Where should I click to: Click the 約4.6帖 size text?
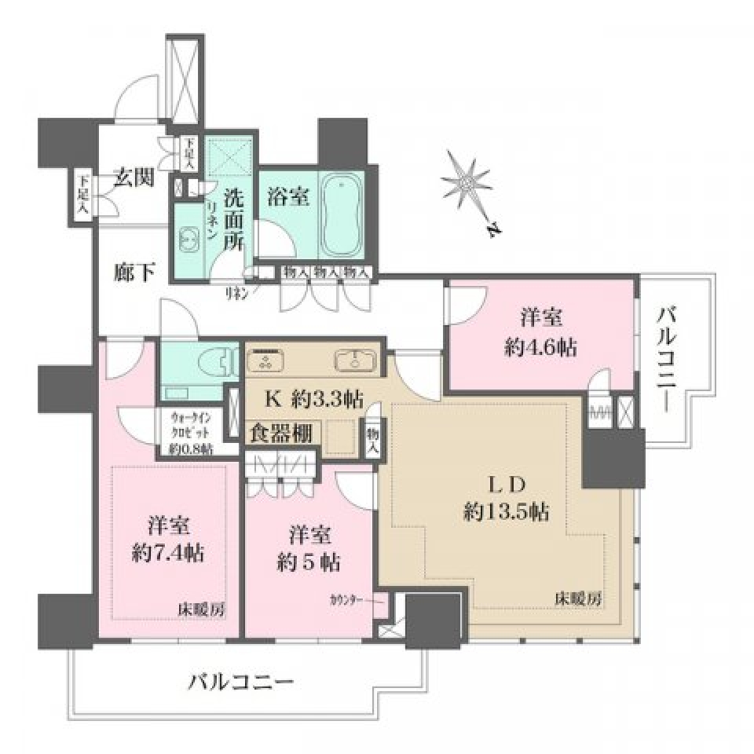[x=540, y=347]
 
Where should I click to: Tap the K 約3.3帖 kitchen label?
[x=312, y=399]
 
